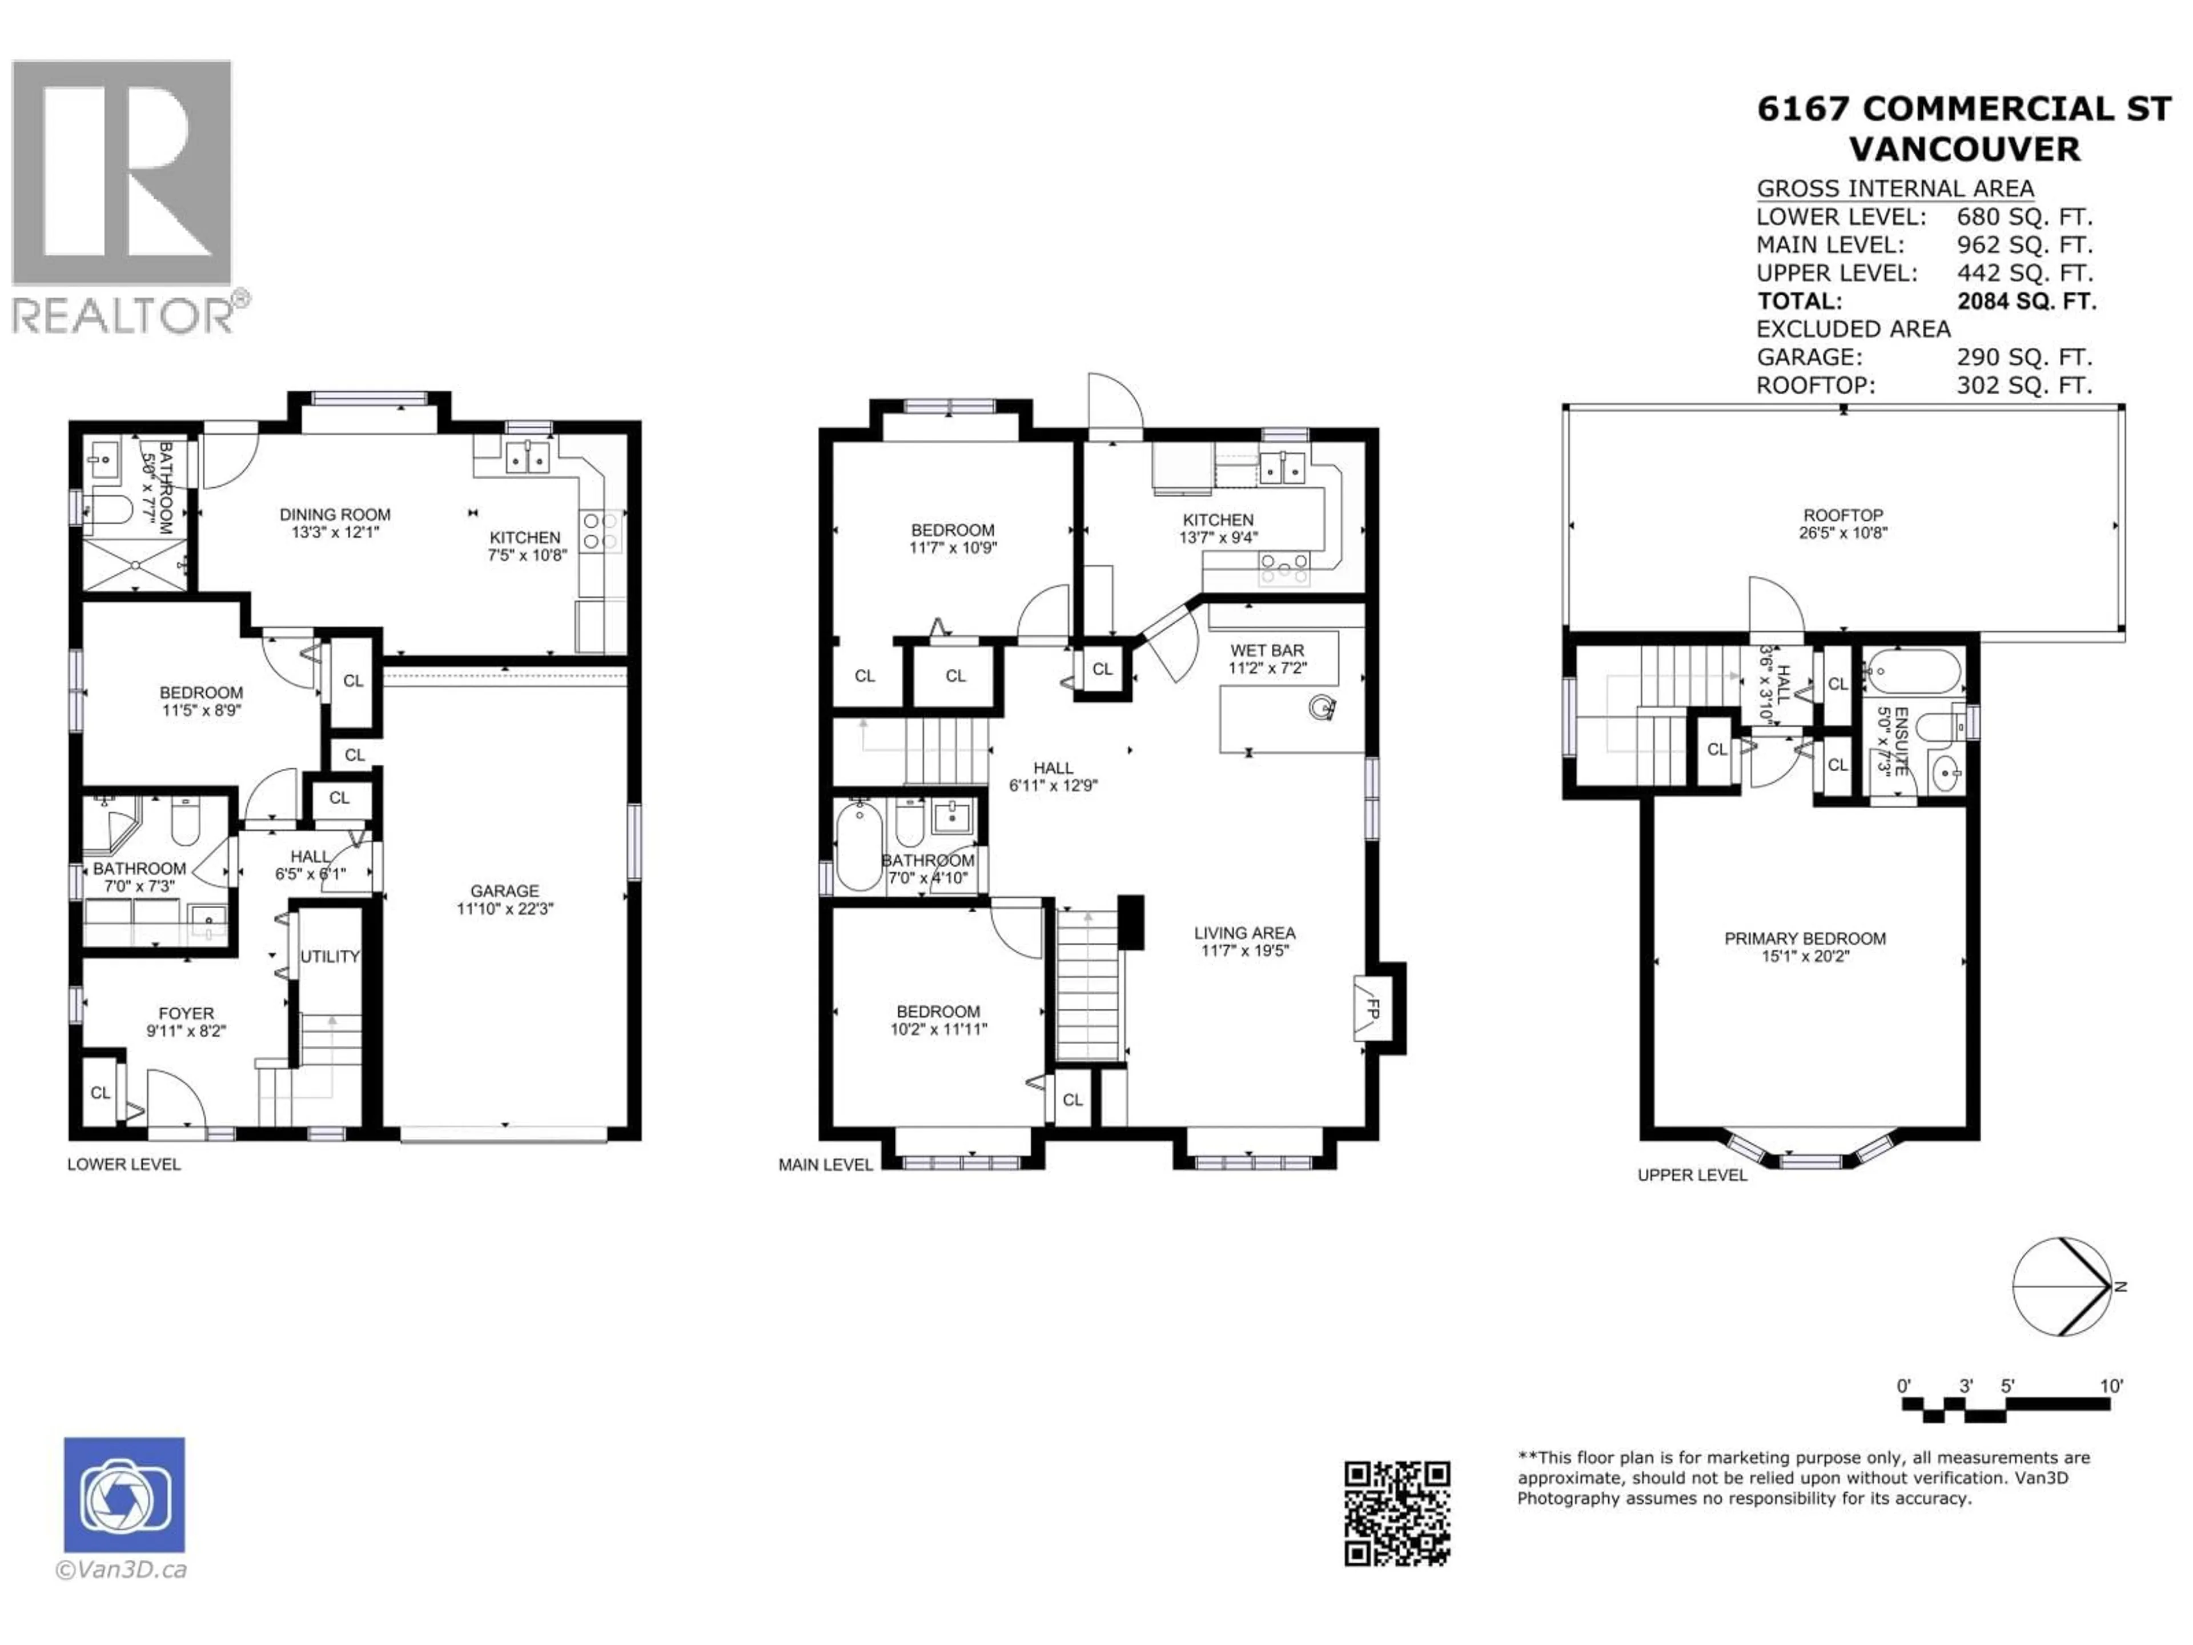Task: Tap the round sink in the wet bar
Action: point(1320,708)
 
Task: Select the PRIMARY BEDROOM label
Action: point(1804,938)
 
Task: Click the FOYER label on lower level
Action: point(186,1013)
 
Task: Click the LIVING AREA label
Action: point(1244,933)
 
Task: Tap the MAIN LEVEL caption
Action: point(825,1165)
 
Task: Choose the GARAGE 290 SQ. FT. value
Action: point(2023,357)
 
